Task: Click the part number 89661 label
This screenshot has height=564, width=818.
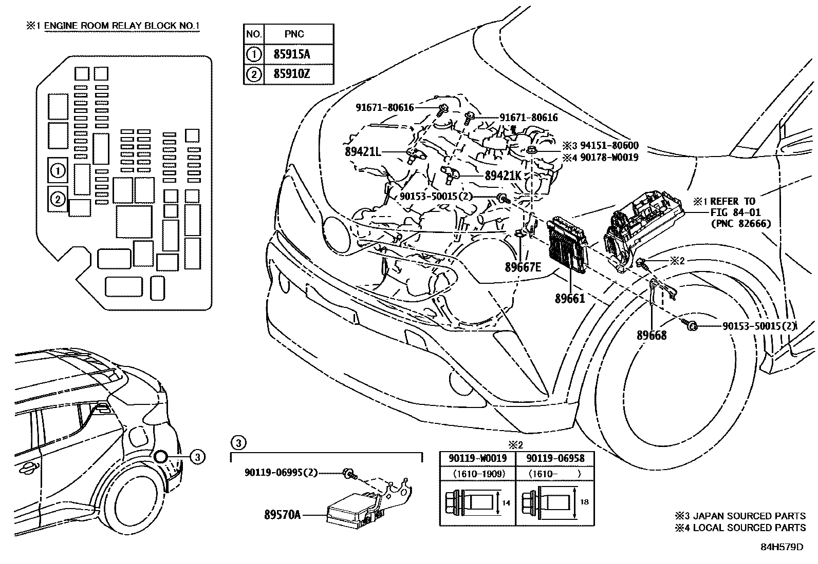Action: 569,298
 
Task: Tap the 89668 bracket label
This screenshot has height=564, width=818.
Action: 652,336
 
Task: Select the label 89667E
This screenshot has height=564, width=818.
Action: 523,267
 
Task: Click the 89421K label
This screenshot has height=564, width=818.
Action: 504,176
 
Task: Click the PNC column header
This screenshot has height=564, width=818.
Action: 294,34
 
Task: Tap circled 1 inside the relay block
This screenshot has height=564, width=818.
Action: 58,170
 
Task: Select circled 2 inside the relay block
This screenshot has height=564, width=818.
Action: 58,199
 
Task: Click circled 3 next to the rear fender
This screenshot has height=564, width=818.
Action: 198,456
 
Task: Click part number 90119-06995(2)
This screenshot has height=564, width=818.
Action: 281,473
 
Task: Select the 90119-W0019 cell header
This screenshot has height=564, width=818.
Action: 477,458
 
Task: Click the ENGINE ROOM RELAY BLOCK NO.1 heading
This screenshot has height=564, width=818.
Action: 121,26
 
